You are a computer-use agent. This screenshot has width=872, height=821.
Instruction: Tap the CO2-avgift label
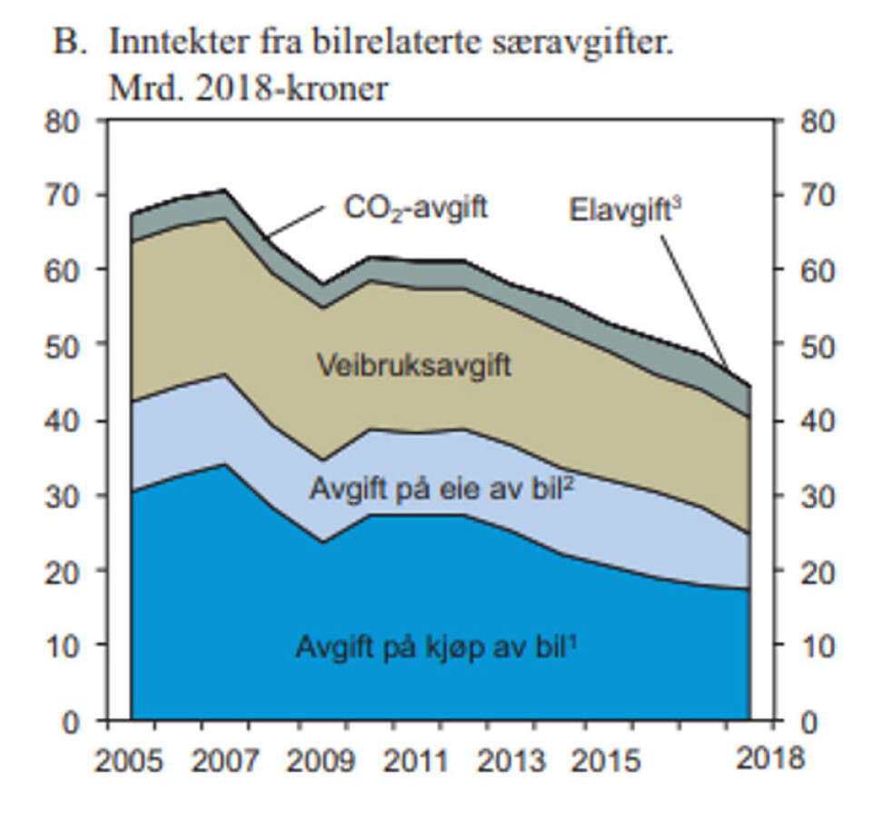point(415,208)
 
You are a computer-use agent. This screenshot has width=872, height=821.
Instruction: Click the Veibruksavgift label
point(413,367)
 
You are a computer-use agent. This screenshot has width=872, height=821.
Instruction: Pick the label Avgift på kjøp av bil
point(437,648)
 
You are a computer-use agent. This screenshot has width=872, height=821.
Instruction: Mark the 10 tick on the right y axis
point(816,647)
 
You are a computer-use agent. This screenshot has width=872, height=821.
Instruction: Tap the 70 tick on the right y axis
point(816,196)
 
